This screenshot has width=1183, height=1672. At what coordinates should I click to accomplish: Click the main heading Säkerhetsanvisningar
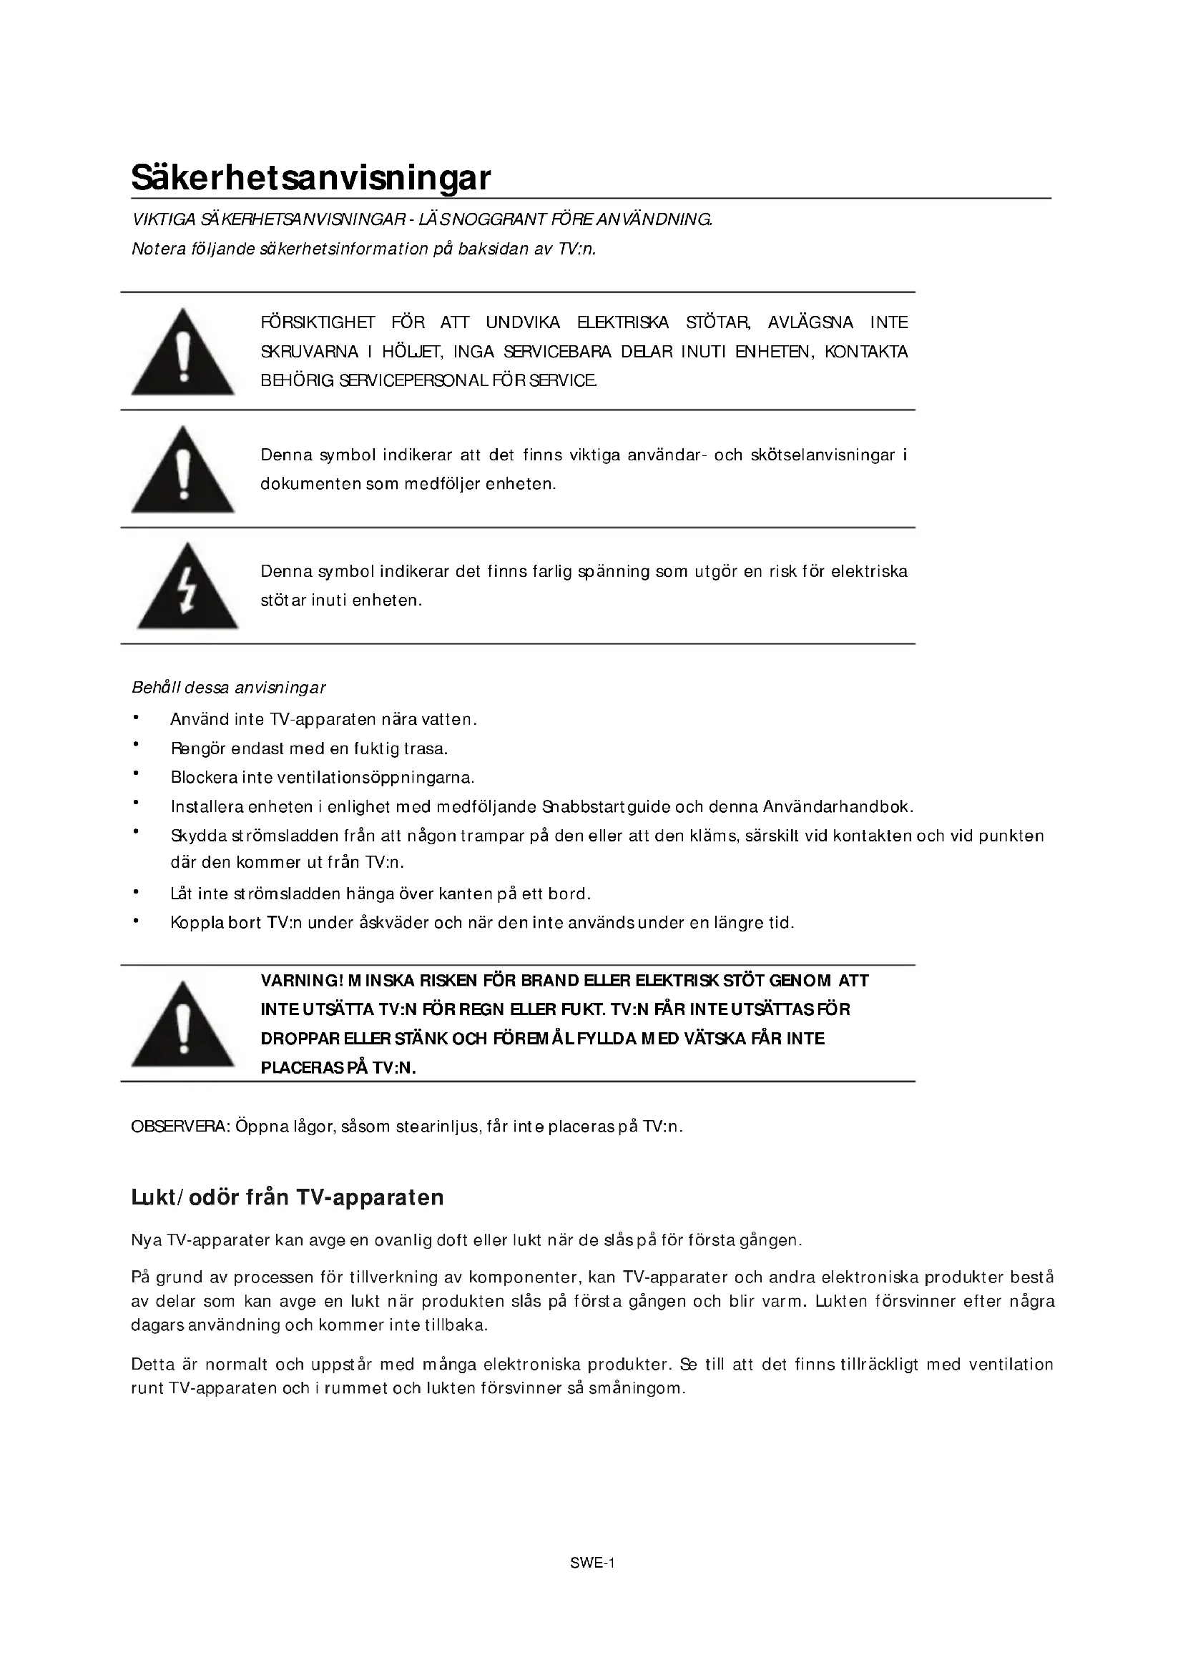coord(311,178)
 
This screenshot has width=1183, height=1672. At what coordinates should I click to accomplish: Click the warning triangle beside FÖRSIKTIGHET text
coord(183,353)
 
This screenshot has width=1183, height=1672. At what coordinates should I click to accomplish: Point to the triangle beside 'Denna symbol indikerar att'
coord(183,471)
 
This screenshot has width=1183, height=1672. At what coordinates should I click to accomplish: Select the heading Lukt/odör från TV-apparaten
coord(287,1197)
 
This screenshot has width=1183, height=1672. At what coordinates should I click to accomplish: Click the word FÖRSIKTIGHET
coord(318,322)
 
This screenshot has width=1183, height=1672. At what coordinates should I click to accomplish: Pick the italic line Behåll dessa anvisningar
coord(228,688)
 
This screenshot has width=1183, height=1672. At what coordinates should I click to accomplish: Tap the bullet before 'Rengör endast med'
coord(135,745)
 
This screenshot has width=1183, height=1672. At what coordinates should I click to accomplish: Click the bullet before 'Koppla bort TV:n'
coord(135,921)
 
